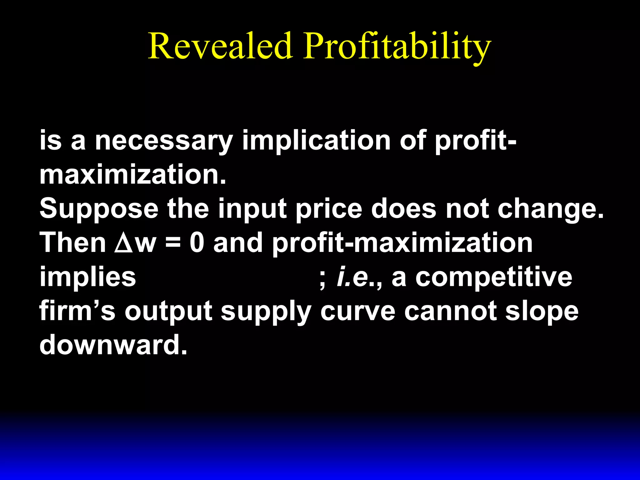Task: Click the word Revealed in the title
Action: coord(220,46)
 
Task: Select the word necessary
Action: coord(164,141)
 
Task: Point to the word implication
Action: coord(316,141)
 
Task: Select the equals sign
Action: coord(173,243)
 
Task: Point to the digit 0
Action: coord(197,243)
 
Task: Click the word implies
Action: coord(88,278)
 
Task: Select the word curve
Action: coord(358,311)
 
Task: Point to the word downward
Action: coord(113,345)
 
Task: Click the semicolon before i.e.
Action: coord(322,279)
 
